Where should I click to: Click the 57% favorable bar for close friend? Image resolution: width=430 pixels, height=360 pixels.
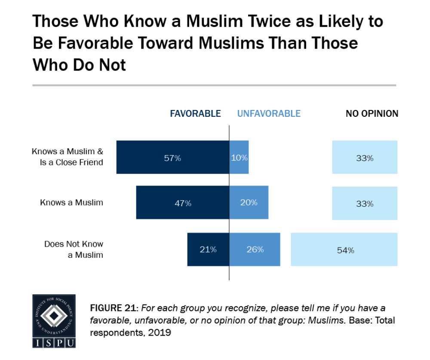point(172,157)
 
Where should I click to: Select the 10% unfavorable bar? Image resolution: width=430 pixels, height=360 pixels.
point(239,157)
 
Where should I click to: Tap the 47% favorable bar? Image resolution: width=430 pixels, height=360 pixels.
point(183,203)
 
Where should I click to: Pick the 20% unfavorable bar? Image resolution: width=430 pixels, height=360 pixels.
point(249,203)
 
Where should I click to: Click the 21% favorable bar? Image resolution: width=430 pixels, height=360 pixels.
point(208,249)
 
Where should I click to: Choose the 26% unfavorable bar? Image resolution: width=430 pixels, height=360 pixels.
point(255,249)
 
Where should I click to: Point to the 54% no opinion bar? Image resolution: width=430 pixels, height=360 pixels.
point(344,250)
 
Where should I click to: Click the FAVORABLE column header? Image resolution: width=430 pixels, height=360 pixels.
point(195,114)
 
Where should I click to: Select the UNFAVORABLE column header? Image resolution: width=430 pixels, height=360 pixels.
point(269,114)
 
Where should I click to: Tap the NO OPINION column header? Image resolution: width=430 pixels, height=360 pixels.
point(372,114)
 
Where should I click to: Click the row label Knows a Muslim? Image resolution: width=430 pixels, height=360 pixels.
point(71,202)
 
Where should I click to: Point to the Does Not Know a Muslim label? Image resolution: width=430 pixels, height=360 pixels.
point(74,249)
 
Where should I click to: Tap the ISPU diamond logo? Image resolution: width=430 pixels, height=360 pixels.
point(54,316)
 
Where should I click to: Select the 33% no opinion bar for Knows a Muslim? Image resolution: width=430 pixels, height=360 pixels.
point(365,203)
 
